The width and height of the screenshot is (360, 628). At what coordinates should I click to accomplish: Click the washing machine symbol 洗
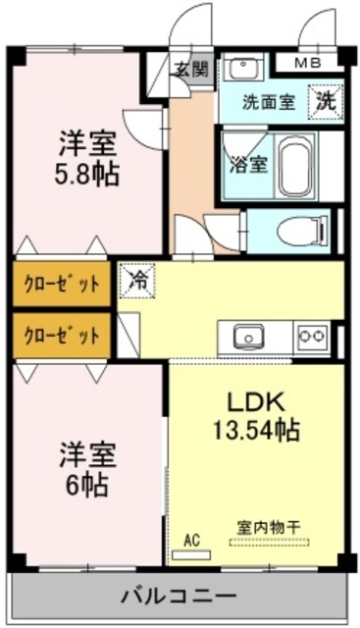[x=324, y=100]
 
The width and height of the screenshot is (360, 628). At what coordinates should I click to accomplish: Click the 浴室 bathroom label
[x=245, y=163]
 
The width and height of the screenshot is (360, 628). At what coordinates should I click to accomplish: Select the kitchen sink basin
[x=247, y=337]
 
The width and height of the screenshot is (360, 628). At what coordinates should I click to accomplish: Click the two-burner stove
[x=312, y=337]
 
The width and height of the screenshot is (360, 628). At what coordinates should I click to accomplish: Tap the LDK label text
[x=256, y=402]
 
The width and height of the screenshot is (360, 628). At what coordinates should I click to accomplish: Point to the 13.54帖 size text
[x=257, y=429]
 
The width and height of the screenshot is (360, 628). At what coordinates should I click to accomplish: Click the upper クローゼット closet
[x=62, y=285]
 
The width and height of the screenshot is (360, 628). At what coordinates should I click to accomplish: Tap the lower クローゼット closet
[x=62, y=335]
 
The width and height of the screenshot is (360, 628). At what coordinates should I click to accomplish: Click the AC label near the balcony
[x=191, y=539]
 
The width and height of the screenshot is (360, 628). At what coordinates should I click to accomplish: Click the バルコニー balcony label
[x=179, y=597]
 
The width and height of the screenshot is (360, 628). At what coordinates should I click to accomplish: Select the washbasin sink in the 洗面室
[x=241, y=68]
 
